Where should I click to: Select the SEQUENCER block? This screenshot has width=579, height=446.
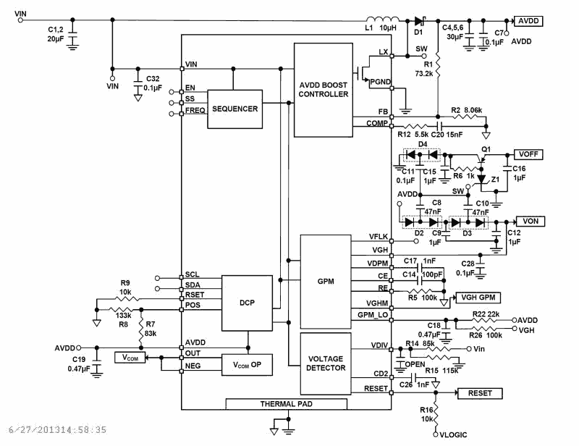[x=235, y=109]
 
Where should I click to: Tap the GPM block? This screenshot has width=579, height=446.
[x=325, y=281]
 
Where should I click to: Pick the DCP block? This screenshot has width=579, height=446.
[x=247, y=303]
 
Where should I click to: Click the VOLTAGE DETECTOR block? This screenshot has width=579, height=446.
[x=325, y=363]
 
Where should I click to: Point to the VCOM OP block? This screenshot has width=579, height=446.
[x=248, y=366]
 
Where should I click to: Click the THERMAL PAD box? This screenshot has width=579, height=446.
[x=287, y=403]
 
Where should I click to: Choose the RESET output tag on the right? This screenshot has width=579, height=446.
[x=479, y=393]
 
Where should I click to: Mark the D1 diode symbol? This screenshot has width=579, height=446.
[x=419, y=21]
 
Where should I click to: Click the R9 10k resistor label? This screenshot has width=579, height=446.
[x=125, y=287]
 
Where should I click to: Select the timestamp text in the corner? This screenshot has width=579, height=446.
[x=54, y=430]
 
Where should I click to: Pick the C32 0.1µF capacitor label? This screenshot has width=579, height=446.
[x=153, y=83]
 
